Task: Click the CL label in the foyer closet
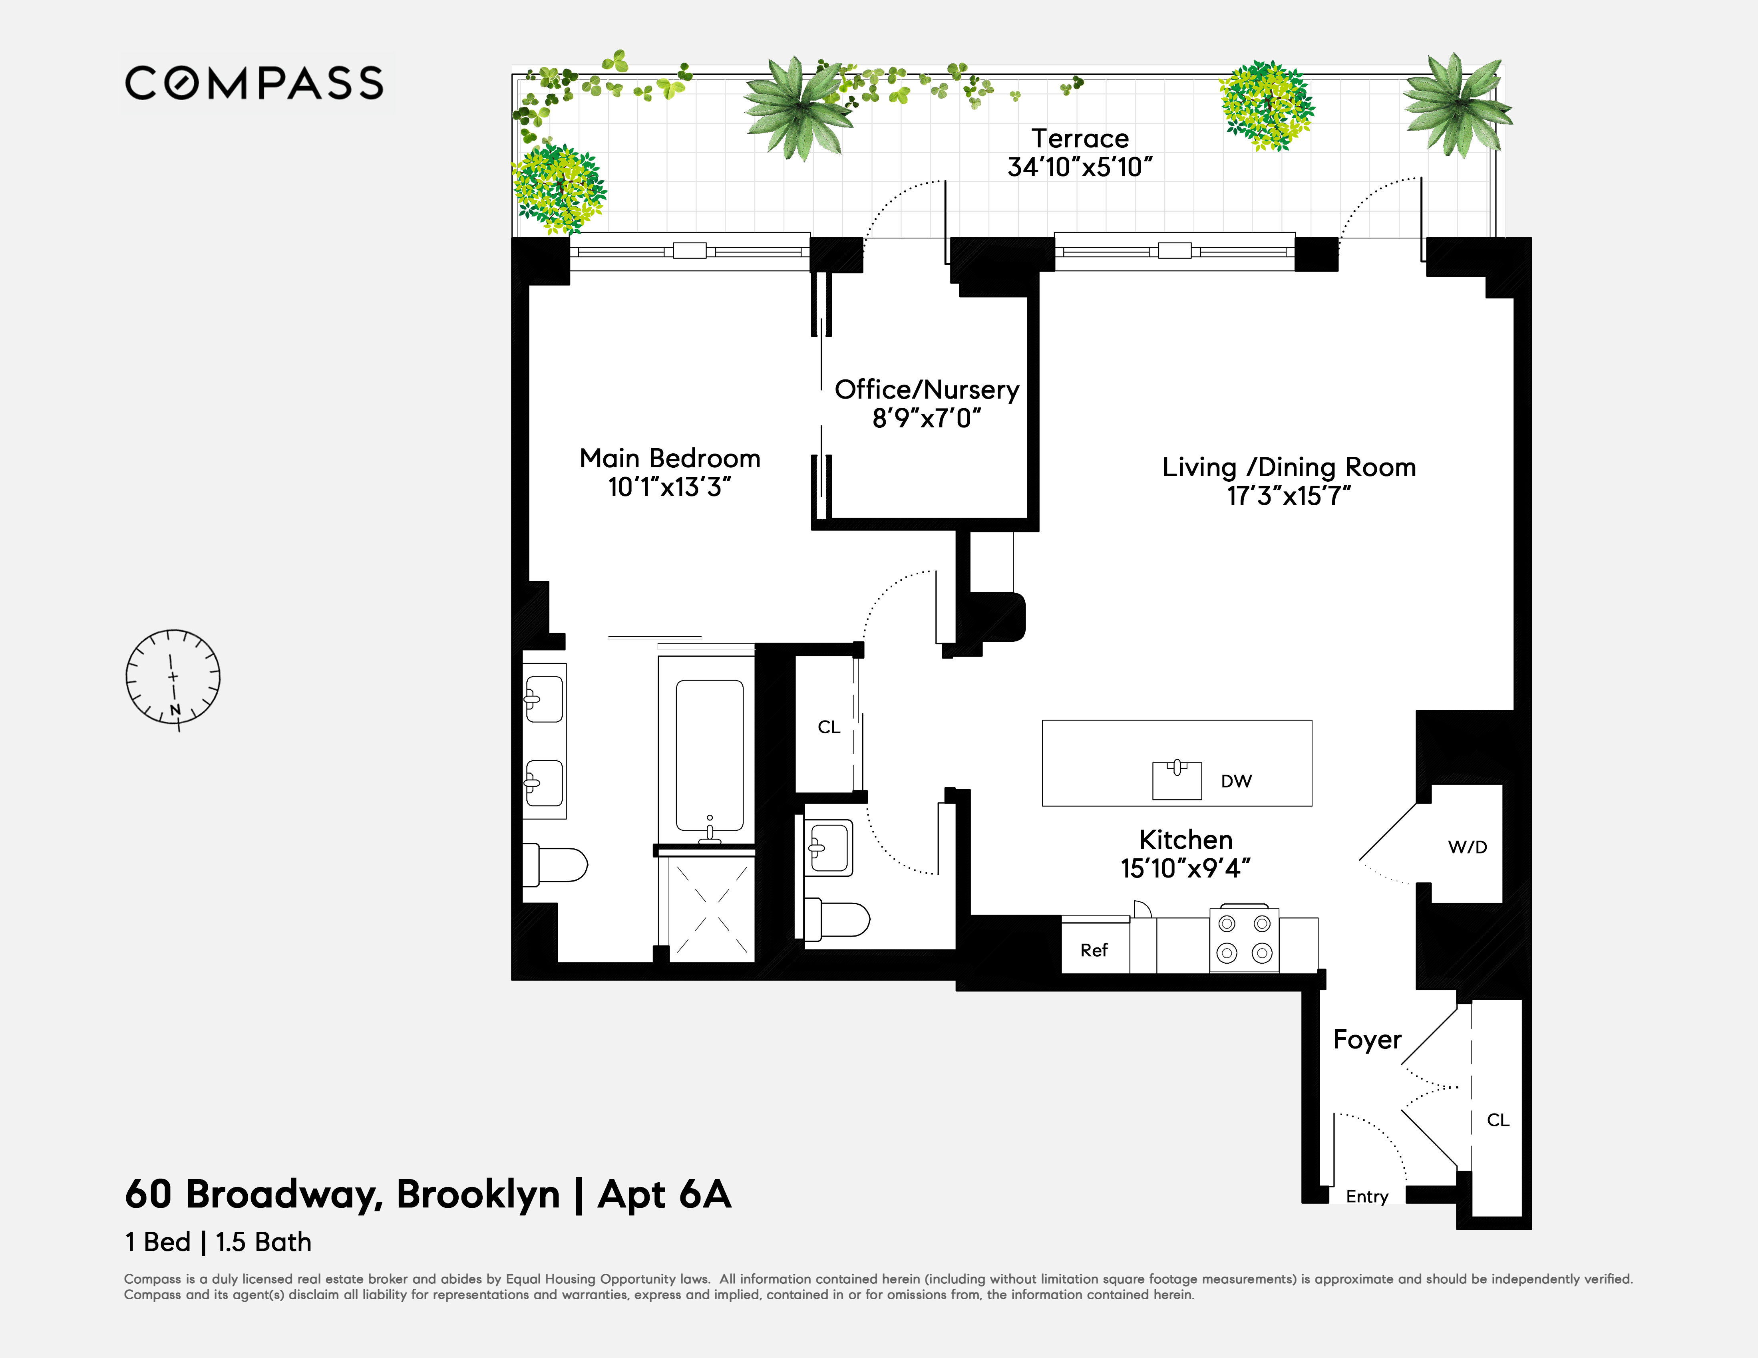(x=1497, y=1120)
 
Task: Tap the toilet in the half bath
(x=837, y=919)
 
